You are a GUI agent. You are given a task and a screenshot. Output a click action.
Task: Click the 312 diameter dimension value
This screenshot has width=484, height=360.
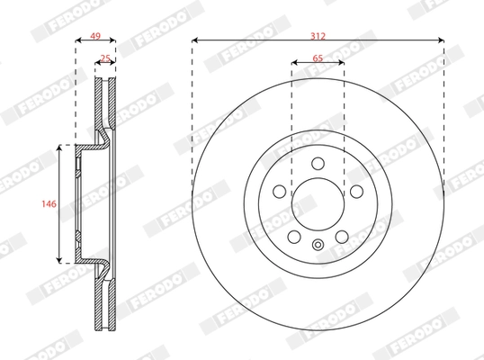(318, 35)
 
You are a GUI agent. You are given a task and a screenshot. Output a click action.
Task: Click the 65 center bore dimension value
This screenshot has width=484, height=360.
(318, 57)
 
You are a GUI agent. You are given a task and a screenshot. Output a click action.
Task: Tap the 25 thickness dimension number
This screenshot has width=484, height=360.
(105, 58)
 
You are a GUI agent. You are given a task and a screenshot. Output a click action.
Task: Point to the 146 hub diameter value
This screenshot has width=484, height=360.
(50, 204)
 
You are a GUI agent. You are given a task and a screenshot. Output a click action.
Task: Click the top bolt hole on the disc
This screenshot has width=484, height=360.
(318, 163)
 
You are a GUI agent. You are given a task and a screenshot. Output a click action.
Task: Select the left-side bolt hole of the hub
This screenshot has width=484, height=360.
(279, 191)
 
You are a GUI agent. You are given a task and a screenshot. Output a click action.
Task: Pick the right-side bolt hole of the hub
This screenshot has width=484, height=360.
(356, 191)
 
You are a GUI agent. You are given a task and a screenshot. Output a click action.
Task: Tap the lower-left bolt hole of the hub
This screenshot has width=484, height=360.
(293, 236)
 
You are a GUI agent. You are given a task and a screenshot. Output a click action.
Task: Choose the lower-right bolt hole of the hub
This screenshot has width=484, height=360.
(342, 236)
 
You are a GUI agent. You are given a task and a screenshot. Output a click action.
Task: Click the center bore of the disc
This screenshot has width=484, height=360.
(318, 204)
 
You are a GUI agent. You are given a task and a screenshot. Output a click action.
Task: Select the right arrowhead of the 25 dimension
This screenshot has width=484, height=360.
(113, 64)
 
